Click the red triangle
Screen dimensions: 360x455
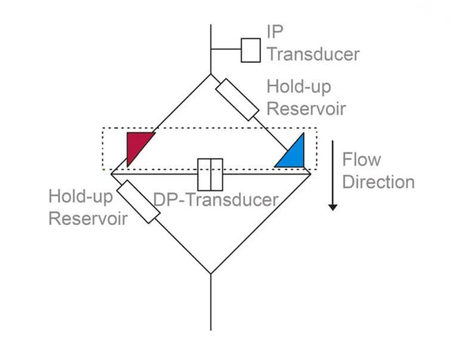coord(137,145)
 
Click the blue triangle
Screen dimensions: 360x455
coord(293,155)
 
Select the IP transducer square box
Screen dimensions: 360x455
coord(251,50)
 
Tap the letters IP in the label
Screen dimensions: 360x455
coord(275,32)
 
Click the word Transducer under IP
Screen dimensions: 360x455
coord(313,55)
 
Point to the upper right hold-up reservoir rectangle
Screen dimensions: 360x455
coord(236,99)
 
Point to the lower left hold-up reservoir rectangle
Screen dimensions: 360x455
coord(138,201)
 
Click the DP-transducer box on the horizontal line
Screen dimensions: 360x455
coord(210,173)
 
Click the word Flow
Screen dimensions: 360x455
coord(361,160)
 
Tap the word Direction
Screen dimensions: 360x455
coord(378,182)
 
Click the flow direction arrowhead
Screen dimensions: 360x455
coord(333,206)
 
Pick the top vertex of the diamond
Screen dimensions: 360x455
coord(211,75)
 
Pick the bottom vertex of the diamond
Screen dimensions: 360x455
coord(211,273)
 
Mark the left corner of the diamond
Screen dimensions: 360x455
coord(112,173)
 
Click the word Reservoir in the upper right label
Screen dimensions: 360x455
coord(306,108)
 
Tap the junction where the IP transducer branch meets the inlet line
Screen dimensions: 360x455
coord(211,50)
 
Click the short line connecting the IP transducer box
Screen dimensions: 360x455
coord(226,50)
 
